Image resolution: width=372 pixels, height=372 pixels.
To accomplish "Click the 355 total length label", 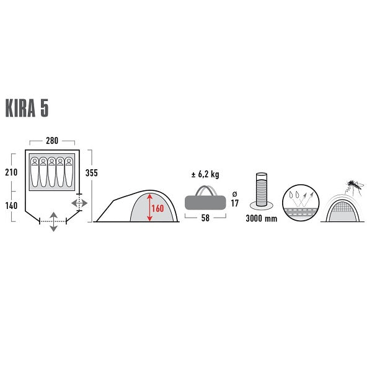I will point(92,172).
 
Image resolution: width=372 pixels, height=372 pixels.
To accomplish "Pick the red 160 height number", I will point(157,208).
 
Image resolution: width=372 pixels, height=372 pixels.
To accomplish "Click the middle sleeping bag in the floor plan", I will point(52,172).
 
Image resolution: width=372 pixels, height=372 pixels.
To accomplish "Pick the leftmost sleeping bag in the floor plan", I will point(33,172).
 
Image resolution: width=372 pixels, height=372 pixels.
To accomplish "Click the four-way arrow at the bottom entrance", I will point(54,221).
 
